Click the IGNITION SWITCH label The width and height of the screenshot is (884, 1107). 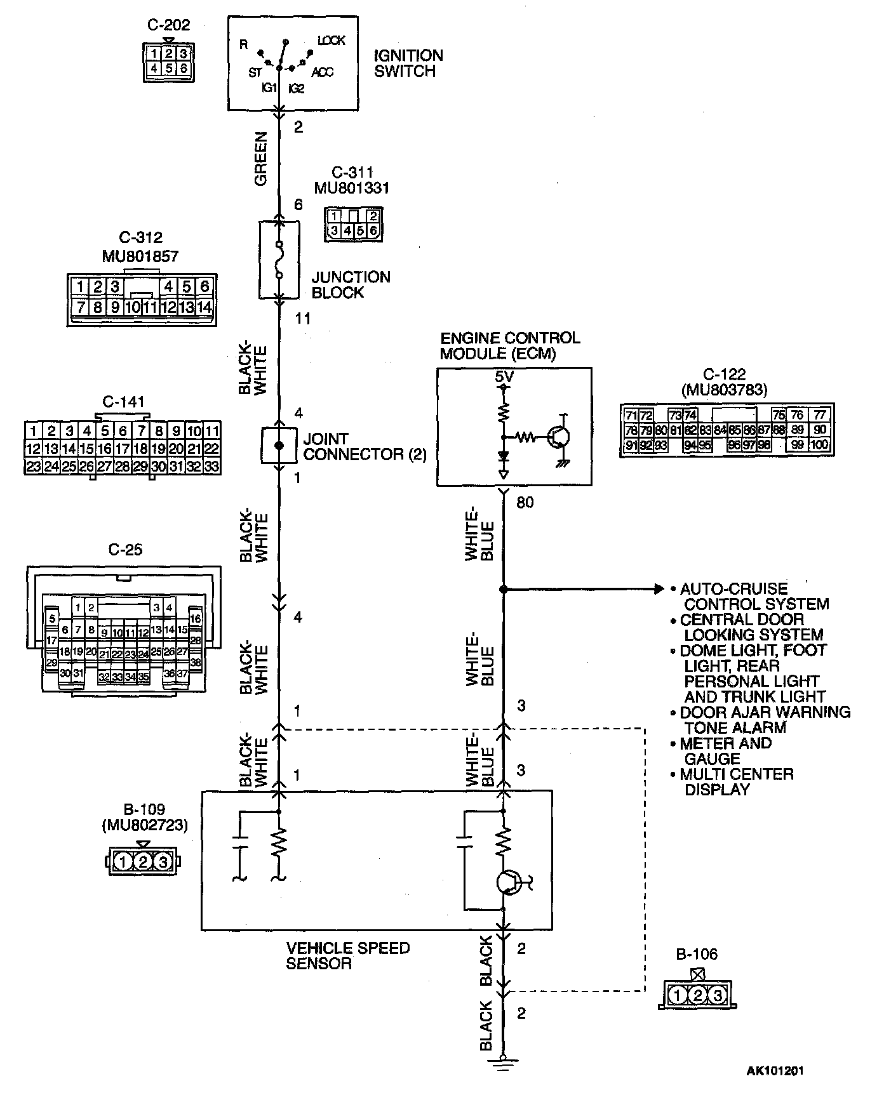coord(408,63)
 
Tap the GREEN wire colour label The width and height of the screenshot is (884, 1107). coord(261,159)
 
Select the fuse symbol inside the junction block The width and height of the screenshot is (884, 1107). coord(278,260)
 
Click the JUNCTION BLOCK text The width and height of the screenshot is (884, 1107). coord(351,285)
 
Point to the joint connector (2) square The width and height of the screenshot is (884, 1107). coord(279,446)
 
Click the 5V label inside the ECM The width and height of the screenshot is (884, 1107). coord(504,378)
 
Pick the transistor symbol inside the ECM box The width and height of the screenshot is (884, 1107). coord(559,437)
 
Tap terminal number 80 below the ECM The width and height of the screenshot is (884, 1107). coord(525,503)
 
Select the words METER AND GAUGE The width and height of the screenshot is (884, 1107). coord(725,752)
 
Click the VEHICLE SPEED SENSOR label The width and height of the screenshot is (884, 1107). coord(347,956)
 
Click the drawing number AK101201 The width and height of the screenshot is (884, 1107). coord(775,1071)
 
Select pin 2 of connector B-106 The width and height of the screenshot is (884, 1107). coord(697,996)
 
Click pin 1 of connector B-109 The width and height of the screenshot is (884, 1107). coord(123,862)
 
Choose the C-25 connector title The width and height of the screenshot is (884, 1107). coord(125,550)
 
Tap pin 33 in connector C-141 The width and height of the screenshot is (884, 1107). coord(211,467)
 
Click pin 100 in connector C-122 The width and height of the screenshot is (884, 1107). coord(819,445)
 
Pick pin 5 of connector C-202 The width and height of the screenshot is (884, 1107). coord(169,68)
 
